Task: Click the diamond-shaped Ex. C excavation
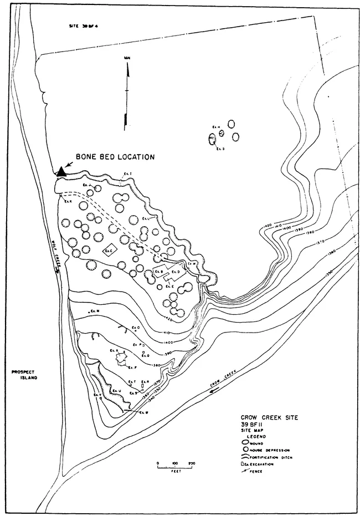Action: (111, 251)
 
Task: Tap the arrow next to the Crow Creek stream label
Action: (203, 392)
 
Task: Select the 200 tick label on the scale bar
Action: (192, 462)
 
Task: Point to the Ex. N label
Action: (95, 311)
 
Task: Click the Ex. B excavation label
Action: (160, 271)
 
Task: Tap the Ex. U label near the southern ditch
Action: (116, 391)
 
